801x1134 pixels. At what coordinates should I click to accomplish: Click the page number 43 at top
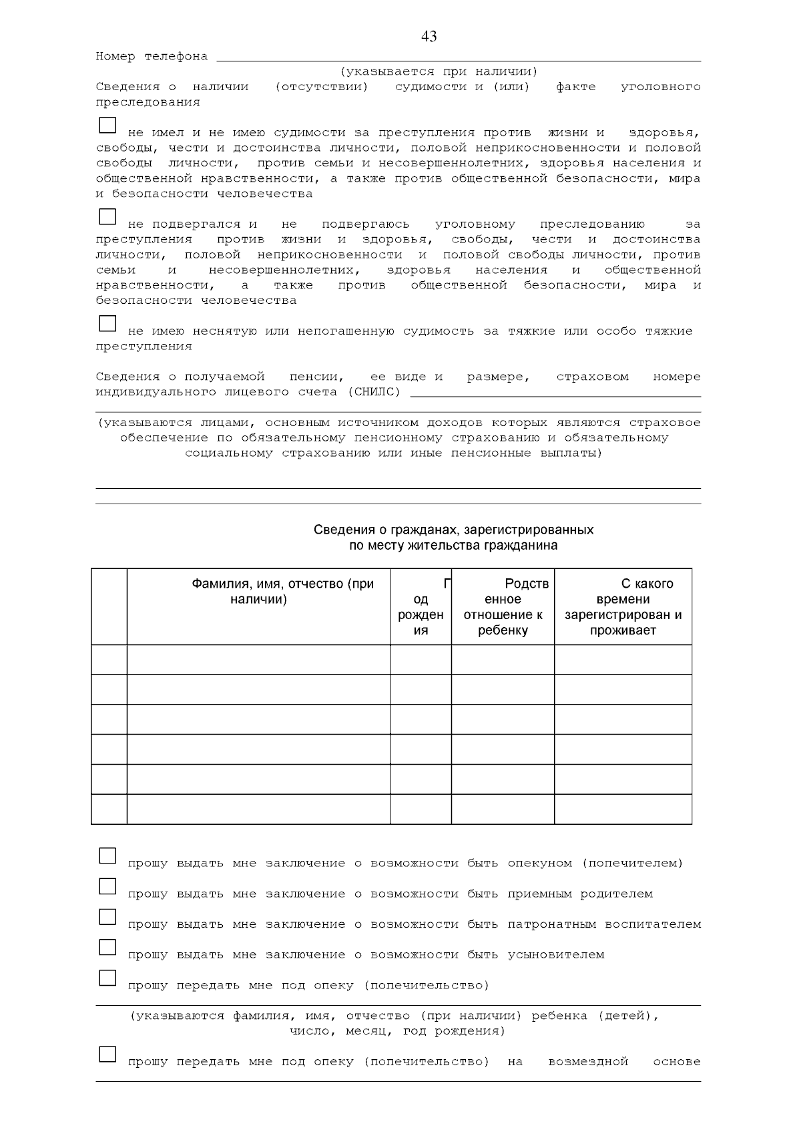click(429, 36)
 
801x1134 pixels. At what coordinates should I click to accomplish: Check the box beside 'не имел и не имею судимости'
click(107, 126)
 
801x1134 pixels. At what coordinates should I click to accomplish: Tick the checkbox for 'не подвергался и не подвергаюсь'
click(107, 217)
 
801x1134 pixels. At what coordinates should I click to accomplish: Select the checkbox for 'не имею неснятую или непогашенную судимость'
click(107, 324)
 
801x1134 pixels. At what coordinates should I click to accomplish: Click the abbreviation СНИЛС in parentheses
click(374, 392)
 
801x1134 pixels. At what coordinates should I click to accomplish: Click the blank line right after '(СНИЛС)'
click(555, 393)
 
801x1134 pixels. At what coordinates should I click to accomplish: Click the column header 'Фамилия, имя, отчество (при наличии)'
click(282, 591)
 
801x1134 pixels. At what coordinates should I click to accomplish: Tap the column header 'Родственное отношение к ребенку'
click(503, 606)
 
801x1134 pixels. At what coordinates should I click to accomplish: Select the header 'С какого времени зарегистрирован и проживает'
click(623, 606)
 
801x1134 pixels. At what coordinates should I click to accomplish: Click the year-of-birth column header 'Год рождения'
click(421, 606)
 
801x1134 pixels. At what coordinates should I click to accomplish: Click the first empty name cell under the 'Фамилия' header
click(258, 659)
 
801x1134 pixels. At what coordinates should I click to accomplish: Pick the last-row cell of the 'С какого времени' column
click(623, 809)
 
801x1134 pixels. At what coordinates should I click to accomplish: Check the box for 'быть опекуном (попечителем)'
click(107, 856)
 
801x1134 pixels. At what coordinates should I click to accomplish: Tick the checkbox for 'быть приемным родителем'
click(107, 887)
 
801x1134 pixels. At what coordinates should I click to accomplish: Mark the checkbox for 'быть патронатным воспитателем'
click(107, 917)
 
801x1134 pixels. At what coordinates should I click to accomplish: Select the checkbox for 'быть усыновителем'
click(107, 948)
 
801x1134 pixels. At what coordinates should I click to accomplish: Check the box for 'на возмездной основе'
click(107, 1055)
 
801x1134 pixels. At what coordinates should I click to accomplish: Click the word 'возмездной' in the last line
click(588, 1062)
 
